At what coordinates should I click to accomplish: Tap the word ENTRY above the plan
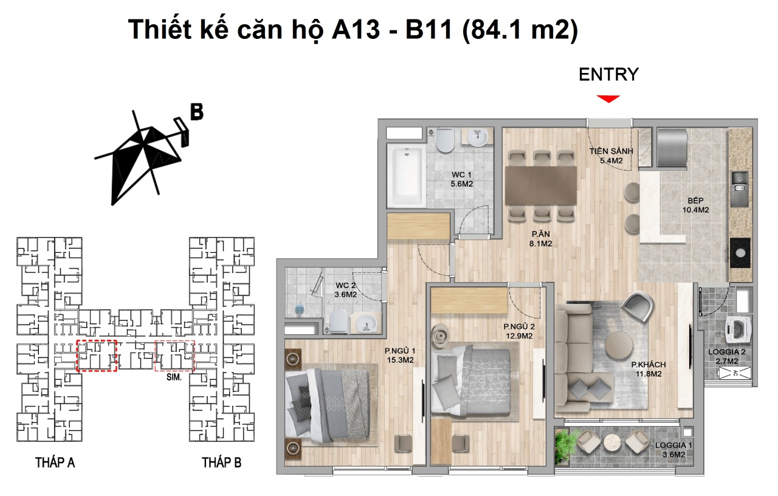(608, 75)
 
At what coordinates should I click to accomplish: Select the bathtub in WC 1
(407, 177)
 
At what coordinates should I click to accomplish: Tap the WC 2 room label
(346, 290)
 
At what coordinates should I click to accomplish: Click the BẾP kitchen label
(695, 204)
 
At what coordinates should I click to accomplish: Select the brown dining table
(541, 185)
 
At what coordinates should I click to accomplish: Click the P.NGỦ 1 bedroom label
(399, 355)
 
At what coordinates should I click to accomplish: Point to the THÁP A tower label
(55, 463)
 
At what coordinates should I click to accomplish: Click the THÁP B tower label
(221, 463)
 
